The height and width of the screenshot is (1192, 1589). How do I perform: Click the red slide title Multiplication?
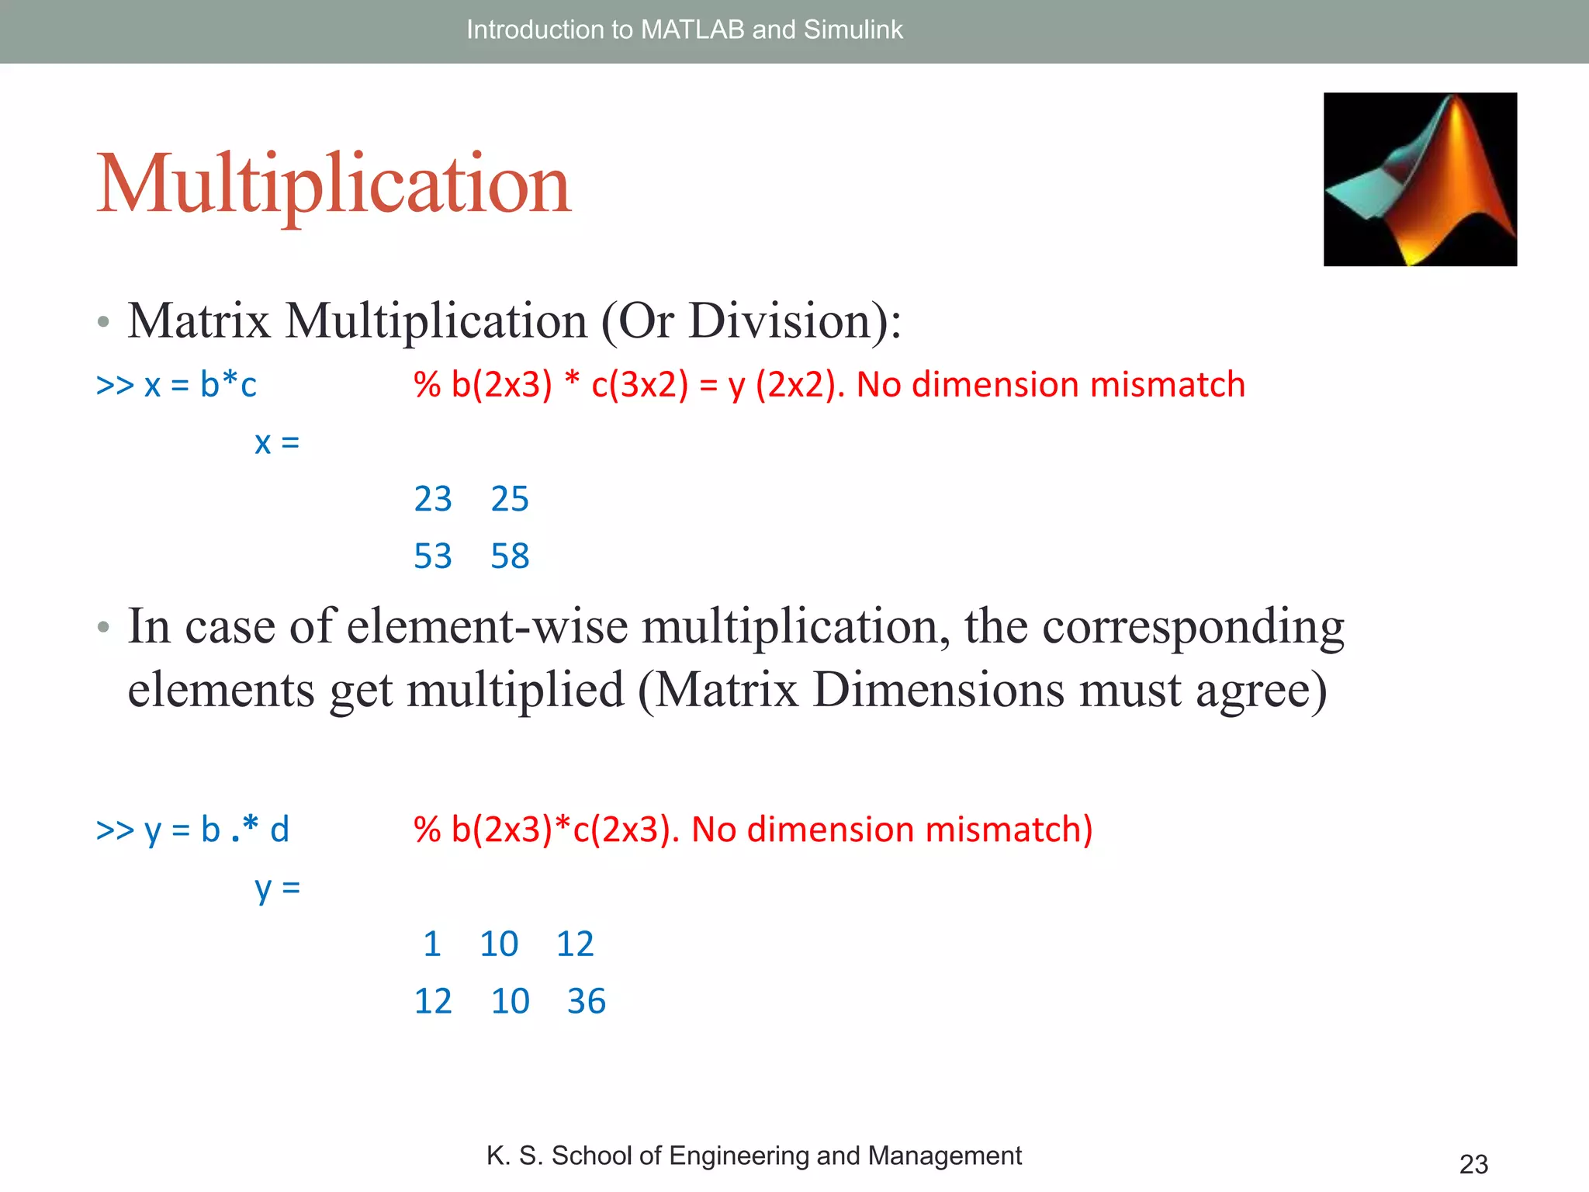tap(334, 185)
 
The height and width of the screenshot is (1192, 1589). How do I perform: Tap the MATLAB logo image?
tap(1420, 179)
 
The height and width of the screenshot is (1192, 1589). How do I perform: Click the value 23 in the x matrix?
tap(433, 499)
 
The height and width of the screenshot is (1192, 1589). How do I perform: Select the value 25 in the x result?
tap(510, 499)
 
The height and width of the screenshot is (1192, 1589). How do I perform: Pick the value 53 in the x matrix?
tap(433, 556)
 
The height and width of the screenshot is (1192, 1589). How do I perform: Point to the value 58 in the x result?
tap(510, 556)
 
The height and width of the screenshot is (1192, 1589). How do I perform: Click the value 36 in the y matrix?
tap(586, 1001)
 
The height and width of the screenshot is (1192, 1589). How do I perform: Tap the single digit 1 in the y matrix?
tap(432, 944)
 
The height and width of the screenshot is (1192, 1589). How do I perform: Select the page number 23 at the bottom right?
tap(1473, 1164)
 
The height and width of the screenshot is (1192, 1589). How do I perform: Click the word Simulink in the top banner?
tap(853, 29)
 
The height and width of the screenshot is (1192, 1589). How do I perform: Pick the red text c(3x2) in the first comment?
tap(639, 385)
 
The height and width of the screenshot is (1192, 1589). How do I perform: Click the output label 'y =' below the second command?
tap(277, 887)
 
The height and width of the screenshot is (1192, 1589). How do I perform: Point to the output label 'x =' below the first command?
tap(277, 442)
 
